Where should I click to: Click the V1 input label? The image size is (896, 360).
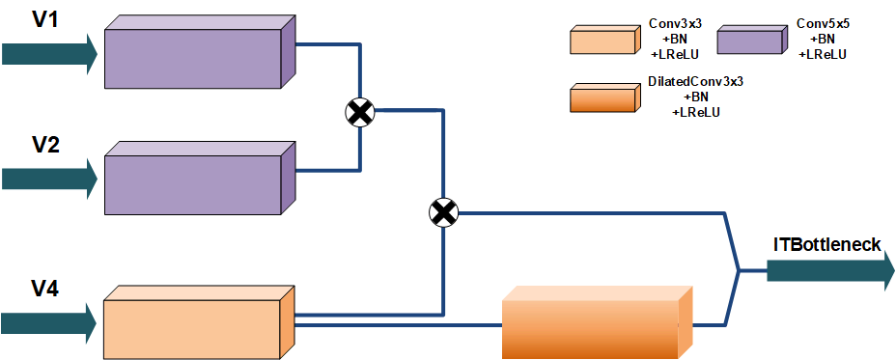46,19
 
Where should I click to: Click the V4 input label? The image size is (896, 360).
46,287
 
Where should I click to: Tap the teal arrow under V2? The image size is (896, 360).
48,178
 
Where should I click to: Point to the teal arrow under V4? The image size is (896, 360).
48,320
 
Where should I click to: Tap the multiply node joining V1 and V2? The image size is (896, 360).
360,113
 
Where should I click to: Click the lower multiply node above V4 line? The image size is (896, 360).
442,212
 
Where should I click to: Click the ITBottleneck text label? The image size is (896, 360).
826,245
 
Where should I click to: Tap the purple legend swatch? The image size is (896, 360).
750,41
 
